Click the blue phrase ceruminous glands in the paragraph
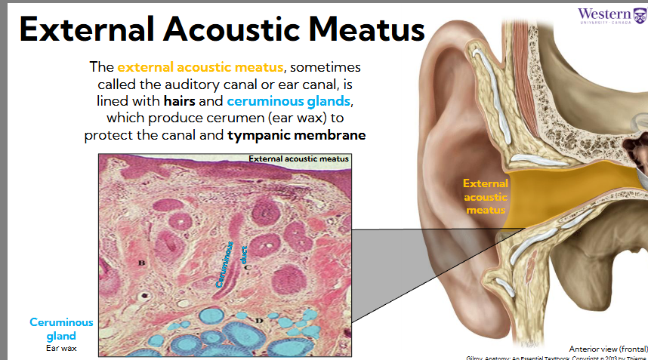point(289,100)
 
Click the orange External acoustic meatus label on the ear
point(486,196)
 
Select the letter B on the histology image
point(140,263)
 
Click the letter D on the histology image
point(259,321)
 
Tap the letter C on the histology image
point(246,266)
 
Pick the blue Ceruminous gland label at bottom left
point(61,328)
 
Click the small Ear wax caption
point(61,348)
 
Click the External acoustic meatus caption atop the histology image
point(298,159)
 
